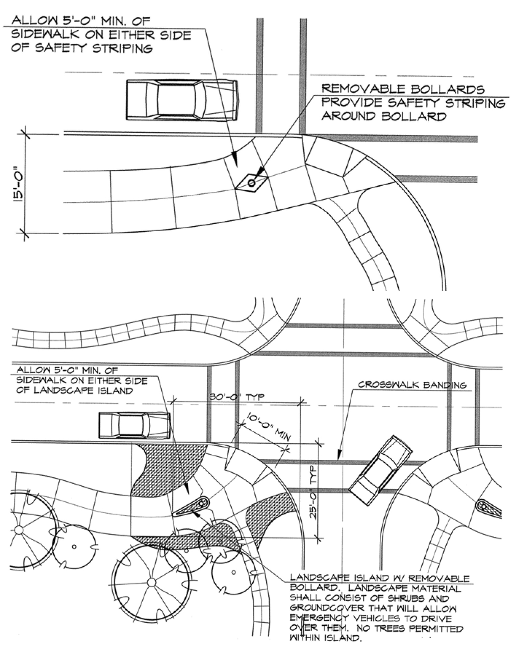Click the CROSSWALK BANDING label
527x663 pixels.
412,385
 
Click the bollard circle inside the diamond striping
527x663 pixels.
251,183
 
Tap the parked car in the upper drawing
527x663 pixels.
182,100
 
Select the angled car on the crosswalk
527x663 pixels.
380,471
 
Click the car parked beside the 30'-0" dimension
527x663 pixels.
134,425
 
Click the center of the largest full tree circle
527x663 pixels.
152,582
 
